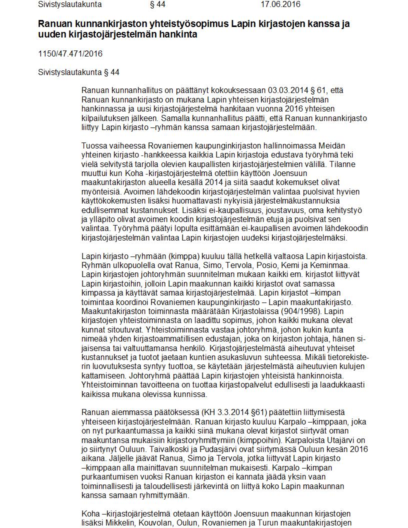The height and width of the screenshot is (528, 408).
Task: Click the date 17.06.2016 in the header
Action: pyautogui.click(x=280, y=4)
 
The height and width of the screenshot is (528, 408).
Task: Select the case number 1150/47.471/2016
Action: pyautogui.click(x=70, y=53)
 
